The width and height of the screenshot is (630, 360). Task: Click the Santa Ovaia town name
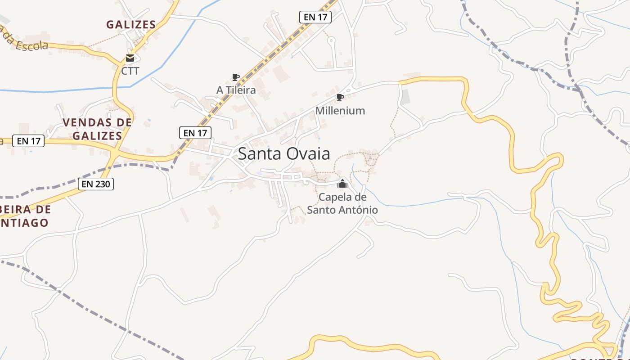point(283,154)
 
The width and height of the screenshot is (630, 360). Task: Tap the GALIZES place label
point(131,25)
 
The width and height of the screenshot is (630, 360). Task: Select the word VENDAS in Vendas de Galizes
point(85,122)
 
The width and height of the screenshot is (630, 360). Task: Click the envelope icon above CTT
point(130,58)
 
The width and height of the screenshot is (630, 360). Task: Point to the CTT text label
point(130,71)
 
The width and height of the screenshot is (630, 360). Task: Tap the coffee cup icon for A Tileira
point(235,77)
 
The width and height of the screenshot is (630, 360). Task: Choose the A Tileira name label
point(236,90)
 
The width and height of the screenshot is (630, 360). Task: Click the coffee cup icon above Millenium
point(340,98)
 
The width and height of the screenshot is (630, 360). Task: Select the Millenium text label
point(340,111)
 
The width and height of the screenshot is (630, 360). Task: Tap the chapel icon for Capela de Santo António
point(342,184)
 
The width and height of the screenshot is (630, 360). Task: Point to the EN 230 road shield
point(96,184)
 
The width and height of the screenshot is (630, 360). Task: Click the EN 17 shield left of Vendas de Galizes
point(29,141)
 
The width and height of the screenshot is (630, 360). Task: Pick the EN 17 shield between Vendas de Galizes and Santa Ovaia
point(195,133)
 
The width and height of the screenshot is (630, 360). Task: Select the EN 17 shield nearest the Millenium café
point(315,17)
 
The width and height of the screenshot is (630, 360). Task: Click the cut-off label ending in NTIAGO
point(25,223)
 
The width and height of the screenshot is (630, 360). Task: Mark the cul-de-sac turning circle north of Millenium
point(331,41)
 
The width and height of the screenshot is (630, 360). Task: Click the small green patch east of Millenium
point(405,97)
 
